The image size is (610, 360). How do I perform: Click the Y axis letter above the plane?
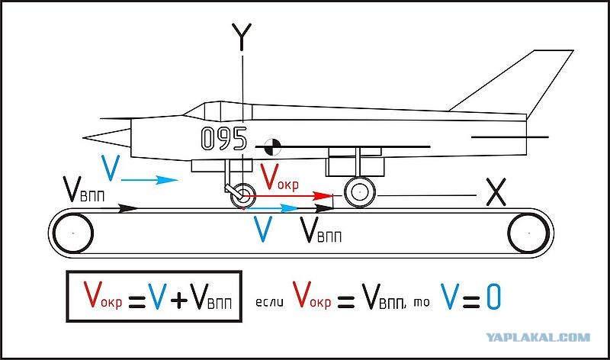point(242,37)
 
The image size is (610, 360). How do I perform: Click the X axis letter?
point(496,192)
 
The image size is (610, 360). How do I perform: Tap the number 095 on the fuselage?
point(224,139)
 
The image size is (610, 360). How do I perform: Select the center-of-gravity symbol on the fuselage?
point(272,146)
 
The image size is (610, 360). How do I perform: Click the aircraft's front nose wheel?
point(243,195)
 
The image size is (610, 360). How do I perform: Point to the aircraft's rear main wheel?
point(359,192)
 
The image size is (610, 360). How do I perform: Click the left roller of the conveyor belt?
point(72,233)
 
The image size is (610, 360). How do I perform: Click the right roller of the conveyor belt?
point(529,233)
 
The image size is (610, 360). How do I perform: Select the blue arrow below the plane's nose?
point(149,180)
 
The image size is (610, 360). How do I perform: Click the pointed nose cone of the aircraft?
point(107,138)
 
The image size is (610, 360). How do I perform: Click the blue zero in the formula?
point(493,296)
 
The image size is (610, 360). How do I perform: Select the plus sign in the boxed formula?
point(179,300)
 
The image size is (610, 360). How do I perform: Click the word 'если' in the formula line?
point(269,302)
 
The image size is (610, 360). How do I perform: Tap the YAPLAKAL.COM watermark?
point(538,337)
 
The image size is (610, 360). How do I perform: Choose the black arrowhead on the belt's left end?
point(128,208)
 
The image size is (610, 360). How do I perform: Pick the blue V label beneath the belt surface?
point(262,229)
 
